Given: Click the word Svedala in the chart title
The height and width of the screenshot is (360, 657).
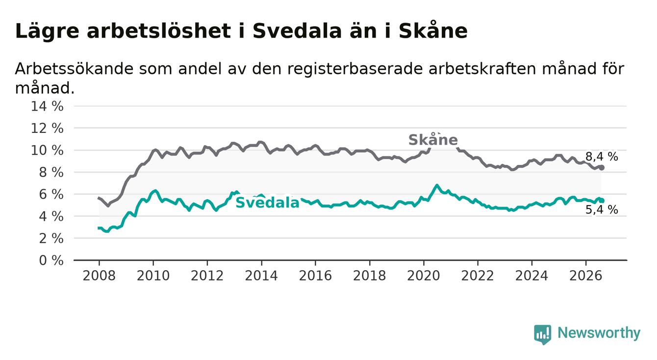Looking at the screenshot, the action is tap(297, 31).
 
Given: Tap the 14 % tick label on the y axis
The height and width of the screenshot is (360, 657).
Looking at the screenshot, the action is tap(47, 106).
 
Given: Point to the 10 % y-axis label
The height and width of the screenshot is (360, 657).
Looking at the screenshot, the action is tap(47, 150).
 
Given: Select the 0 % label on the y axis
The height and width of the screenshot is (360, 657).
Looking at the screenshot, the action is tap(51, 260).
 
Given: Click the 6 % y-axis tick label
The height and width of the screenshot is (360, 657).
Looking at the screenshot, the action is tap(51, 194).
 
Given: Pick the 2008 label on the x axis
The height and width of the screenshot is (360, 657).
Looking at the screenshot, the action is tap(99, 276).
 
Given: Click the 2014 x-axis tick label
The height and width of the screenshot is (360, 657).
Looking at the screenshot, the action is tap(261, 276).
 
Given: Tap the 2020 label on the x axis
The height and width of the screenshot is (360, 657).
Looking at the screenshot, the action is tap(424, 276).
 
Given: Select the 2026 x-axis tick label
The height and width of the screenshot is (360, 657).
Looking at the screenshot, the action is tap(586, 276).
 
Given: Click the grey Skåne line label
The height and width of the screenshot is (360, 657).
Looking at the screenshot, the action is tap(433, 139).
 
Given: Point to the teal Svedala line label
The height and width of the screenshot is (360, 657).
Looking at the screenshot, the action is tap(267, 203).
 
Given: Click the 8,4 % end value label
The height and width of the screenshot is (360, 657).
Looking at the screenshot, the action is tap(602, 156).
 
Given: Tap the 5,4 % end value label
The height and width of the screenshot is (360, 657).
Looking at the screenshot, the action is tap(602, 209).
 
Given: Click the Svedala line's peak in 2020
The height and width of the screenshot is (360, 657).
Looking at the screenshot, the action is tap(437, 185).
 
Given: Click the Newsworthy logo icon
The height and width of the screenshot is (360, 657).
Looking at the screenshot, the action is tap(543, 334).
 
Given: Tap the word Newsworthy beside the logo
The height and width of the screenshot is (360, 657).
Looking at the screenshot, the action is tap(599, 333).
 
